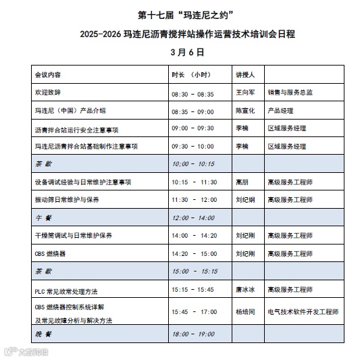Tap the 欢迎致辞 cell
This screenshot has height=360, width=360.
(47, 91)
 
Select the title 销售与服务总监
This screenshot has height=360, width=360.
(290, 91)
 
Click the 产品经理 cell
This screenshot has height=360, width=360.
(281, 109)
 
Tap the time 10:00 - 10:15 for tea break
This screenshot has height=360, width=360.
(193, 164)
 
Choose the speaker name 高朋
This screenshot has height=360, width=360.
(241, 182)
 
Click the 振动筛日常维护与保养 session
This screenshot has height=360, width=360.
(66, 200)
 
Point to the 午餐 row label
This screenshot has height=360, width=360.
(42, 218)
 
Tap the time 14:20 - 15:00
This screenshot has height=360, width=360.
(194, 254)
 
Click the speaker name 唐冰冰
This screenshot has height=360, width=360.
(244, 290)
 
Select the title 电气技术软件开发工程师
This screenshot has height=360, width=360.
(303, 313)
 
